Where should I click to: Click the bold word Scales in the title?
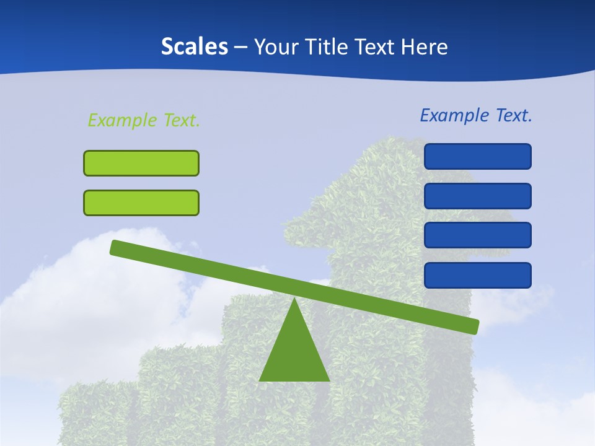click(194, 47)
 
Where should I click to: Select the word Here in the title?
click(425, 47)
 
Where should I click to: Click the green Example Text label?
click(144, 120)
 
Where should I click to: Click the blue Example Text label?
click(476, 115)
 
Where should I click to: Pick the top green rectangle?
click(141, 163)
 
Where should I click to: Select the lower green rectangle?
click(141, 203)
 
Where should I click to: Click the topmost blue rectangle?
click(477, 156)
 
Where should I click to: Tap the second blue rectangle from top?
click(477, 196)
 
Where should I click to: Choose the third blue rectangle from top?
click(477, 235)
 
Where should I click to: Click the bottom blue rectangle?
click(477, 275)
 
